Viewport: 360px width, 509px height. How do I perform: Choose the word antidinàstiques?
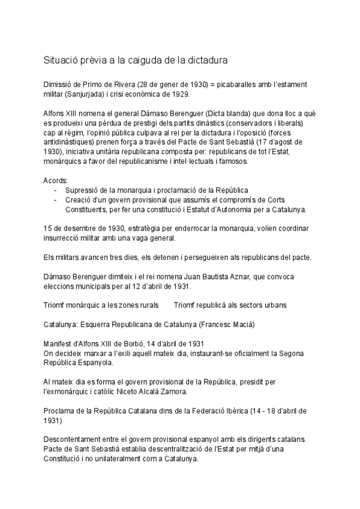click(71, 142)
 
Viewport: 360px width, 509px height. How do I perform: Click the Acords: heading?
click(56, 181)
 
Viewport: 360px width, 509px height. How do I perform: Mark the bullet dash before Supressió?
click(55, 190)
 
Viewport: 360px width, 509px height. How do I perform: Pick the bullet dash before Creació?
click(55, 200)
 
